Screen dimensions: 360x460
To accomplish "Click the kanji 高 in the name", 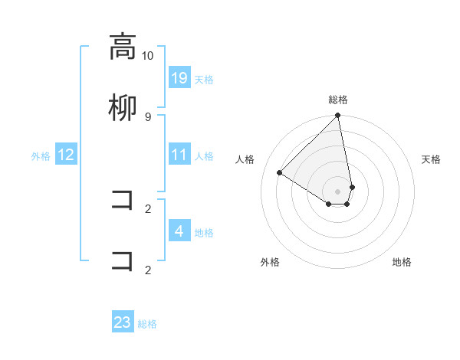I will tap(123, 46).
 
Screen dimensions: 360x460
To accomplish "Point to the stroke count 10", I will tap(148, 55).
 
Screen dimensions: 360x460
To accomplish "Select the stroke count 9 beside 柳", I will tap(148, 116).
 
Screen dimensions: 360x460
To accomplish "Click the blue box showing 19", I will tap(179, 78).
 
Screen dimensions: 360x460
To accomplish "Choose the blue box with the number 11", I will tap(179, 155).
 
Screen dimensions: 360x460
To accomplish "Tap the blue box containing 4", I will tap(179, 231).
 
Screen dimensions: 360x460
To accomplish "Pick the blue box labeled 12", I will tap(66, 155).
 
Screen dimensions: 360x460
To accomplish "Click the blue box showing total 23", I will tap(123, 322).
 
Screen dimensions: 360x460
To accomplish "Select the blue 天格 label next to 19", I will tap(204, 79).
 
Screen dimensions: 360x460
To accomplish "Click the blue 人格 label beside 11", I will tap(204, 155).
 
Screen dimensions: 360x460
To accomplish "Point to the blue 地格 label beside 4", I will tap(204, 232).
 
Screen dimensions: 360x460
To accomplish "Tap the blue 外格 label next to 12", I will tap(41, 155).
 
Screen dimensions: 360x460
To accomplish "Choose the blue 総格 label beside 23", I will tap(147, 324).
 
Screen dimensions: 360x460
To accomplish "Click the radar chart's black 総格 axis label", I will tap(338, 100).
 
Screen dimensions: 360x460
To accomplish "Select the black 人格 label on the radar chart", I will tap(245, 159).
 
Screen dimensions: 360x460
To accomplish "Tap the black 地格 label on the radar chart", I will tap(402, 262).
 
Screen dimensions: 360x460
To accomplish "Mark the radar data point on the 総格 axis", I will tap(337, 116).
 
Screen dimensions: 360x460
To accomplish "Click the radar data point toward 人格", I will tap(280, 173).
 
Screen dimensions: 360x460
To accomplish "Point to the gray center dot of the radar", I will tap(337, 191).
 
